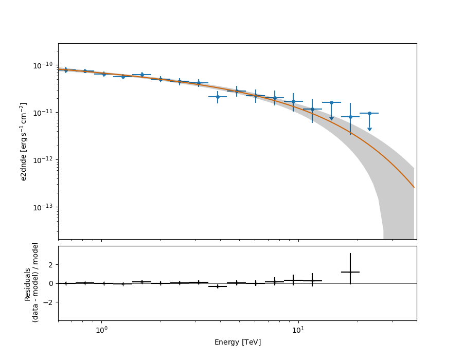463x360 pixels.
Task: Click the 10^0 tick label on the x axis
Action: [x=101, y=329]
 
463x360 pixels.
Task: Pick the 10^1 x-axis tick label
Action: [x=298, y=329]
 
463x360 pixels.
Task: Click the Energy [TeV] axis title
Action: [x=237, y=342]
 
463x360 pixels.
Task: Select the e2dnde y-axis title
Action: [x=24, y=141]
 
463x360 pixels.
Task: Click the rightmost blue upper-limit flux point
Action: [x=369, y=113]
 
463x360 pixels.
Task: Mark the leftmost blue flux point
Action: [x=66, y=70]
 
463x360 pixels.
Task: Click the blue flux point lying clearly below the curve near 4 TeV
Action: [x=218, y=97]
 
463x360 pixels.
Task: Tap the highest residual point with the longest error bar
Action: [x=350, y=272]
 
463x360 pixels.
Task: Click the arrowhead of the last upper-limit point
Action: [x=369, y=129]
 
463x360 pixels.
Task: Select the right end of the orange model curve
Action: [x=414, y=187]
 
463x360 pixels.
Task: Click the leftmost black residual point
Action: [x=66, y=283]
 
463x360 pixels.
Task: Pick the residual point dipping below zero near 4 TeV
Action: [x=218, y=286]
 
